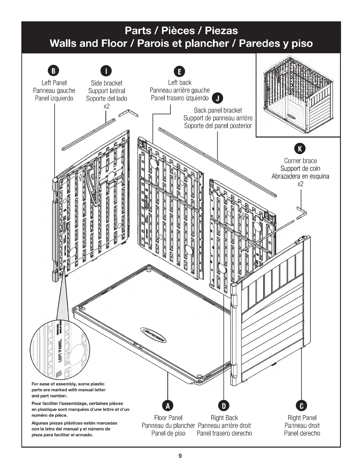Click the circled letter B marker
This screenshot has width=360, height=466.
coord(54,71)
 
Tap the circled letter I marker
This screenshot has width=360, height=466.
coord(106,71)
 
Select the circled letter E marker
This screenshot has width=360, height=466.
coord(179,71)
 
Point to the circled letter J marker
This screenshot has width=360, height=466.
coord(217,98)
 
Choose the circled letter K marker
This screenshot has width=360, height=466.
coord(300,149)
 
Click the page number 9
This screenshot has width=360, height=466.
coord(180,456)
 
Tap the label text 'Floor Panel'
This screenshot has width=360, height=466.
coord(168,418)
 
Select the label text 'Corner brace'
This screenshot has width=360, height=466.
coord(300,161)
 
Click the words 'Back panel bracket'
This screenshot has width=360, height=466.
coord(218,110)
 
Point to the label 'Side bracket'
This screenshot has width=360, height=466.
coord(106,83)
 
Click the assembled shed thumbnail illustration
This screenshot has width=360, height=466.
coord(298,95)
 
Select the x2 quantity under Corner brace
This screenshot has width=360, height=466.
coord(300,184)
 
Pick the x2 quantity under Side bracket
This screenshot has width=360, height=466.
coord(106,106)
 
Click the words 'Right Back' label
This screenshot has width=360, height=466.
coord(224,418)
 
